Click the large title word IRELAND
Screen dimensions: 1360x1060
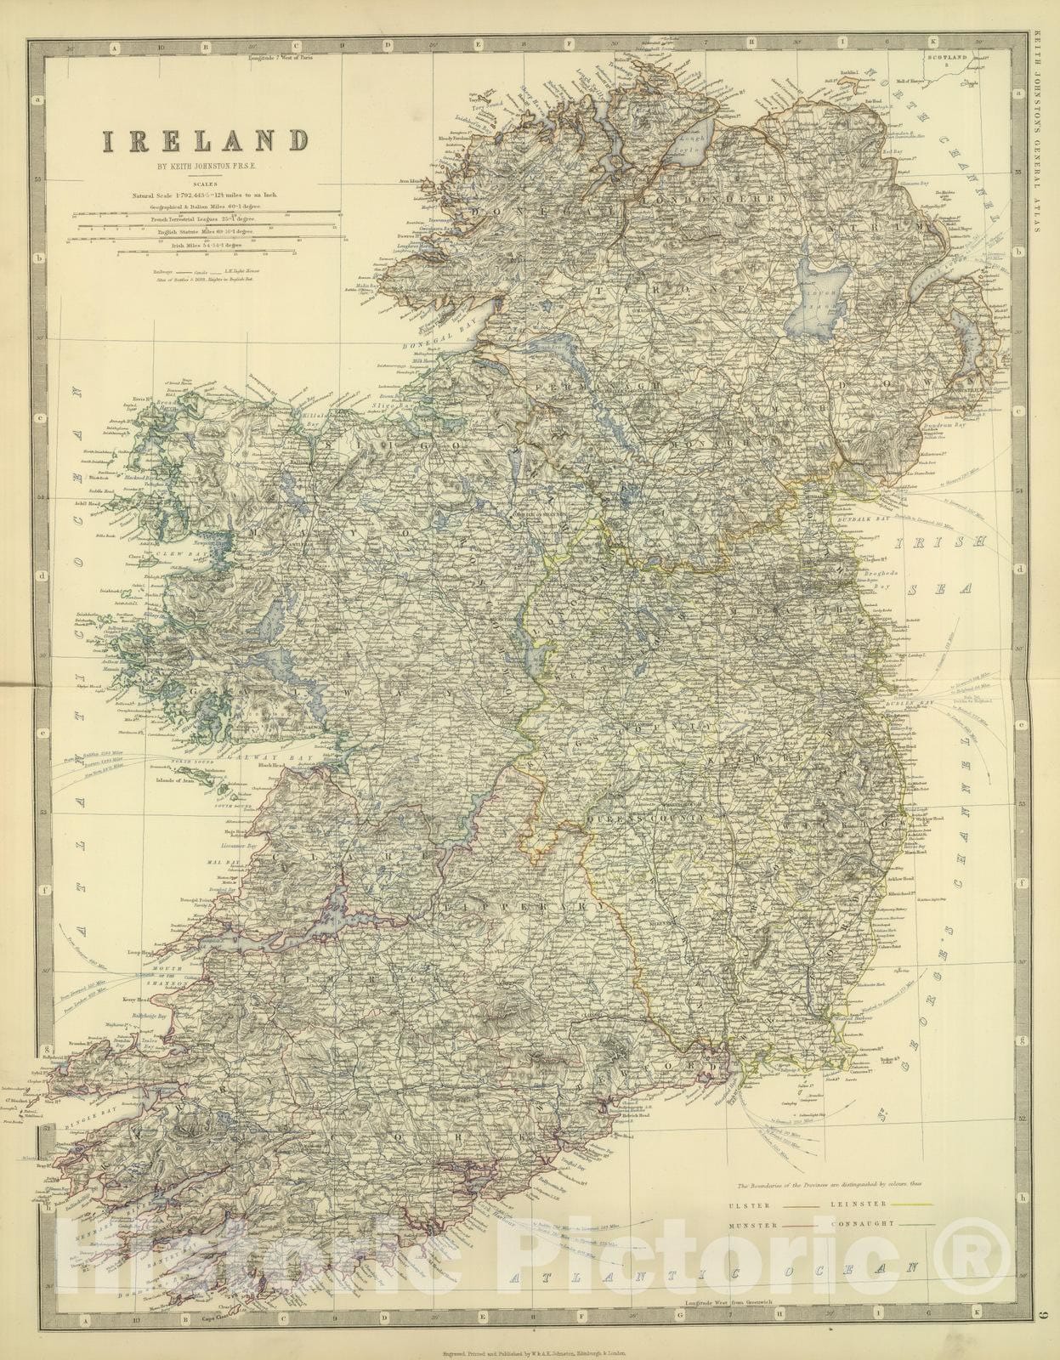point(204,140)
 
